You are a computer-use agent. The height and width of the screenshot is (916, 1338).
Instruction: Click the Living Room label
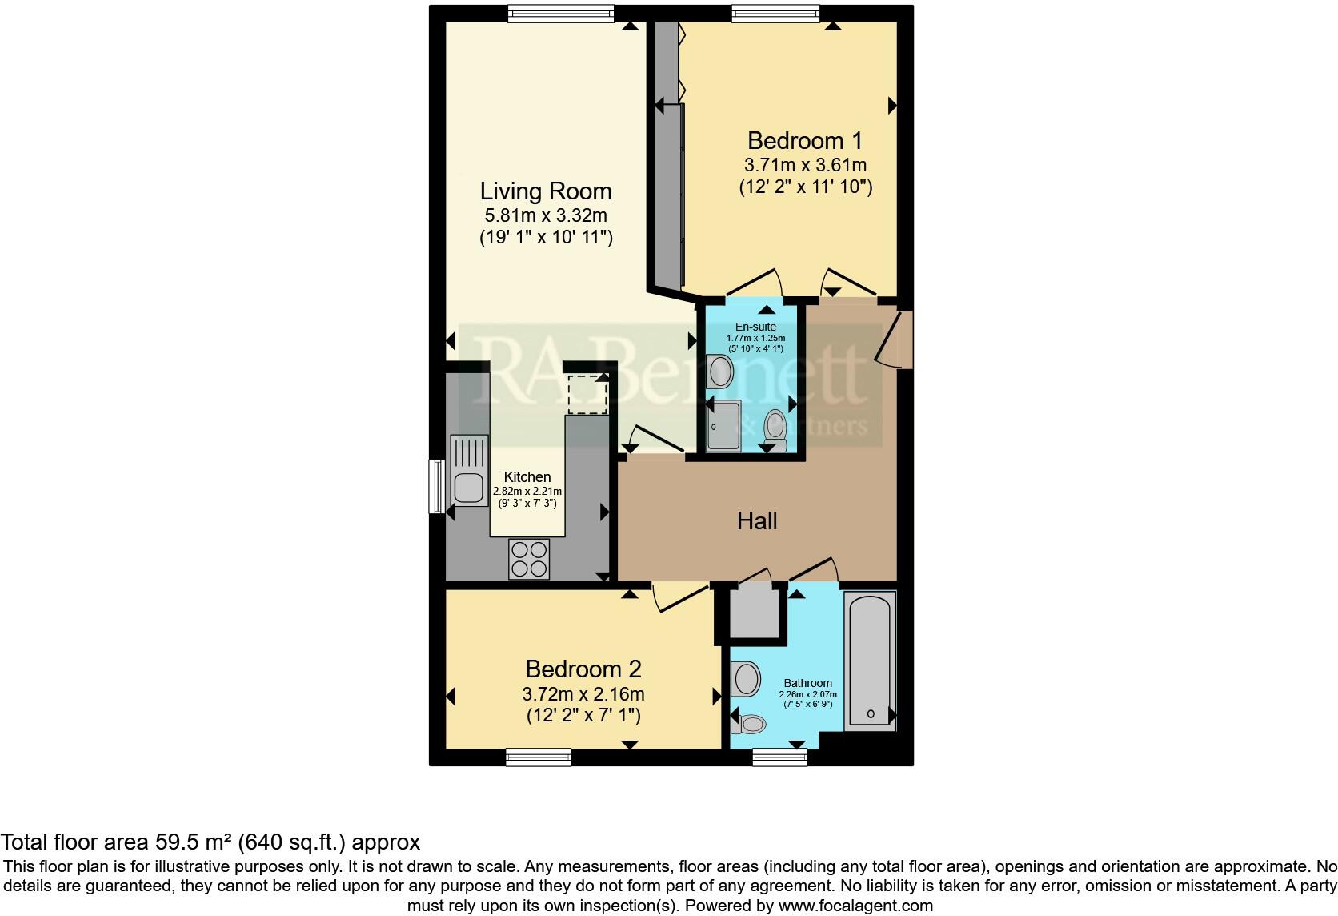[546, 191]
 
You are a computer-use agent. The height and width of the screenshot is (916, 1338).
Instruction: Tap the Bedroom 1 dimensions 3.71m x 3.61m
[805, 166]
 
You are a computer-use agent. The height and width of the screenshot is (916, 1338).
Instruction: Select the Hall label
[756, 521]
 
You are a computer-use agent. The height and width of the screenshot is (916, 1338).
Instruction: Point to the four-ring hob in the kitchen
[530, 559]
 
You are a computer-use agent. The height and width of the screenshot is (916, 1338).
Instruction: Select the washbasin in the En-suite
[722, 372]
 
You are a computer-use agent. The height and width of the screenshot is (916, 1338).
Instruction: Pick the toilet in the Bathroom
[749, 724]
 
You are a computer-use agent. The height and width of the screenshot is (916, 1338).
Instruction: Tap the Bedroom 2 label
[583, 669]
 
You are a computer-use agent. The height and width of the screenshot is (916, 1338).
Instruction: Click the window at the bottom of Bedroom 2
[538, 756]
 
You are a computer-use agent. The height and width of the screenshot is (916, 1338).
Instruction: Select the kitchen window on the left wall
[437, 485]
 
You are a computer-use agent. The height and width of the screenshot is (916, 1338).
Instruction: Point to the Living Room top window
[560, 13]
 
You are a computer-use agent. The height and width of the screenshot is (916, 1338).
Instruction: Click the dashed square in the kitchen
[587, 393]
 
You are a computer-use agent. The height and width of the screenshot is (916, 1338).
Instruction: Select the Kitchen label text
[527, 477]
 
